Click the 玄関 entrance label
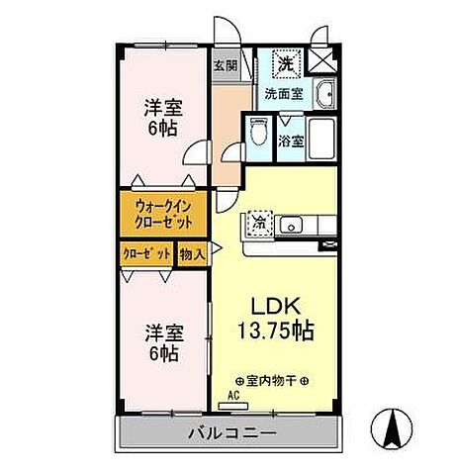pos(226,66)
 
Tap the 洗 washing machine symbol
pos(285,62)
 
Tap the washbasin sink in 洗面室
pos(326,95)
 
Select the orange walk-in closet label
pos(163,213)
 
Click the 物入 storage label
pos(192,254)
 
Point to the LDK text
pos(275,304)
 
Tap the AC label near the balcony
pos(233,393)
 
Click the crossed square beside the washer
pos(321,61)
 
